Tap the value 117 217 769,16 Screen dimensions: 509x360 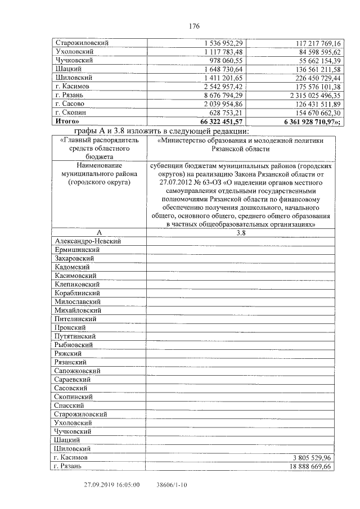318,43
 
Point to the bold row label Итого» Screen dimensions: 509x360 67,121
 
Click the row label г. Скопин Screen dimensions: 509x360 70,112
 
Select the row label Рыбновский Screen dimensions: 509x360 74,345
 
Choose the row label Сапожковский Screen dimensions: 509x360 78,371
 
